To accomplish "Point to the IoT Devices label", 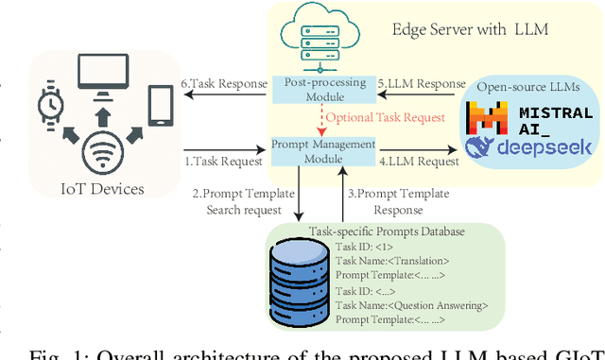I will click(x=101, y=189).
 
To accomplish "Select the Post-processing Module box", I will click(x=324, y=90).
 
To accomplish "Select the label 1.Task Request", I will click(x=222, y=160).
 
